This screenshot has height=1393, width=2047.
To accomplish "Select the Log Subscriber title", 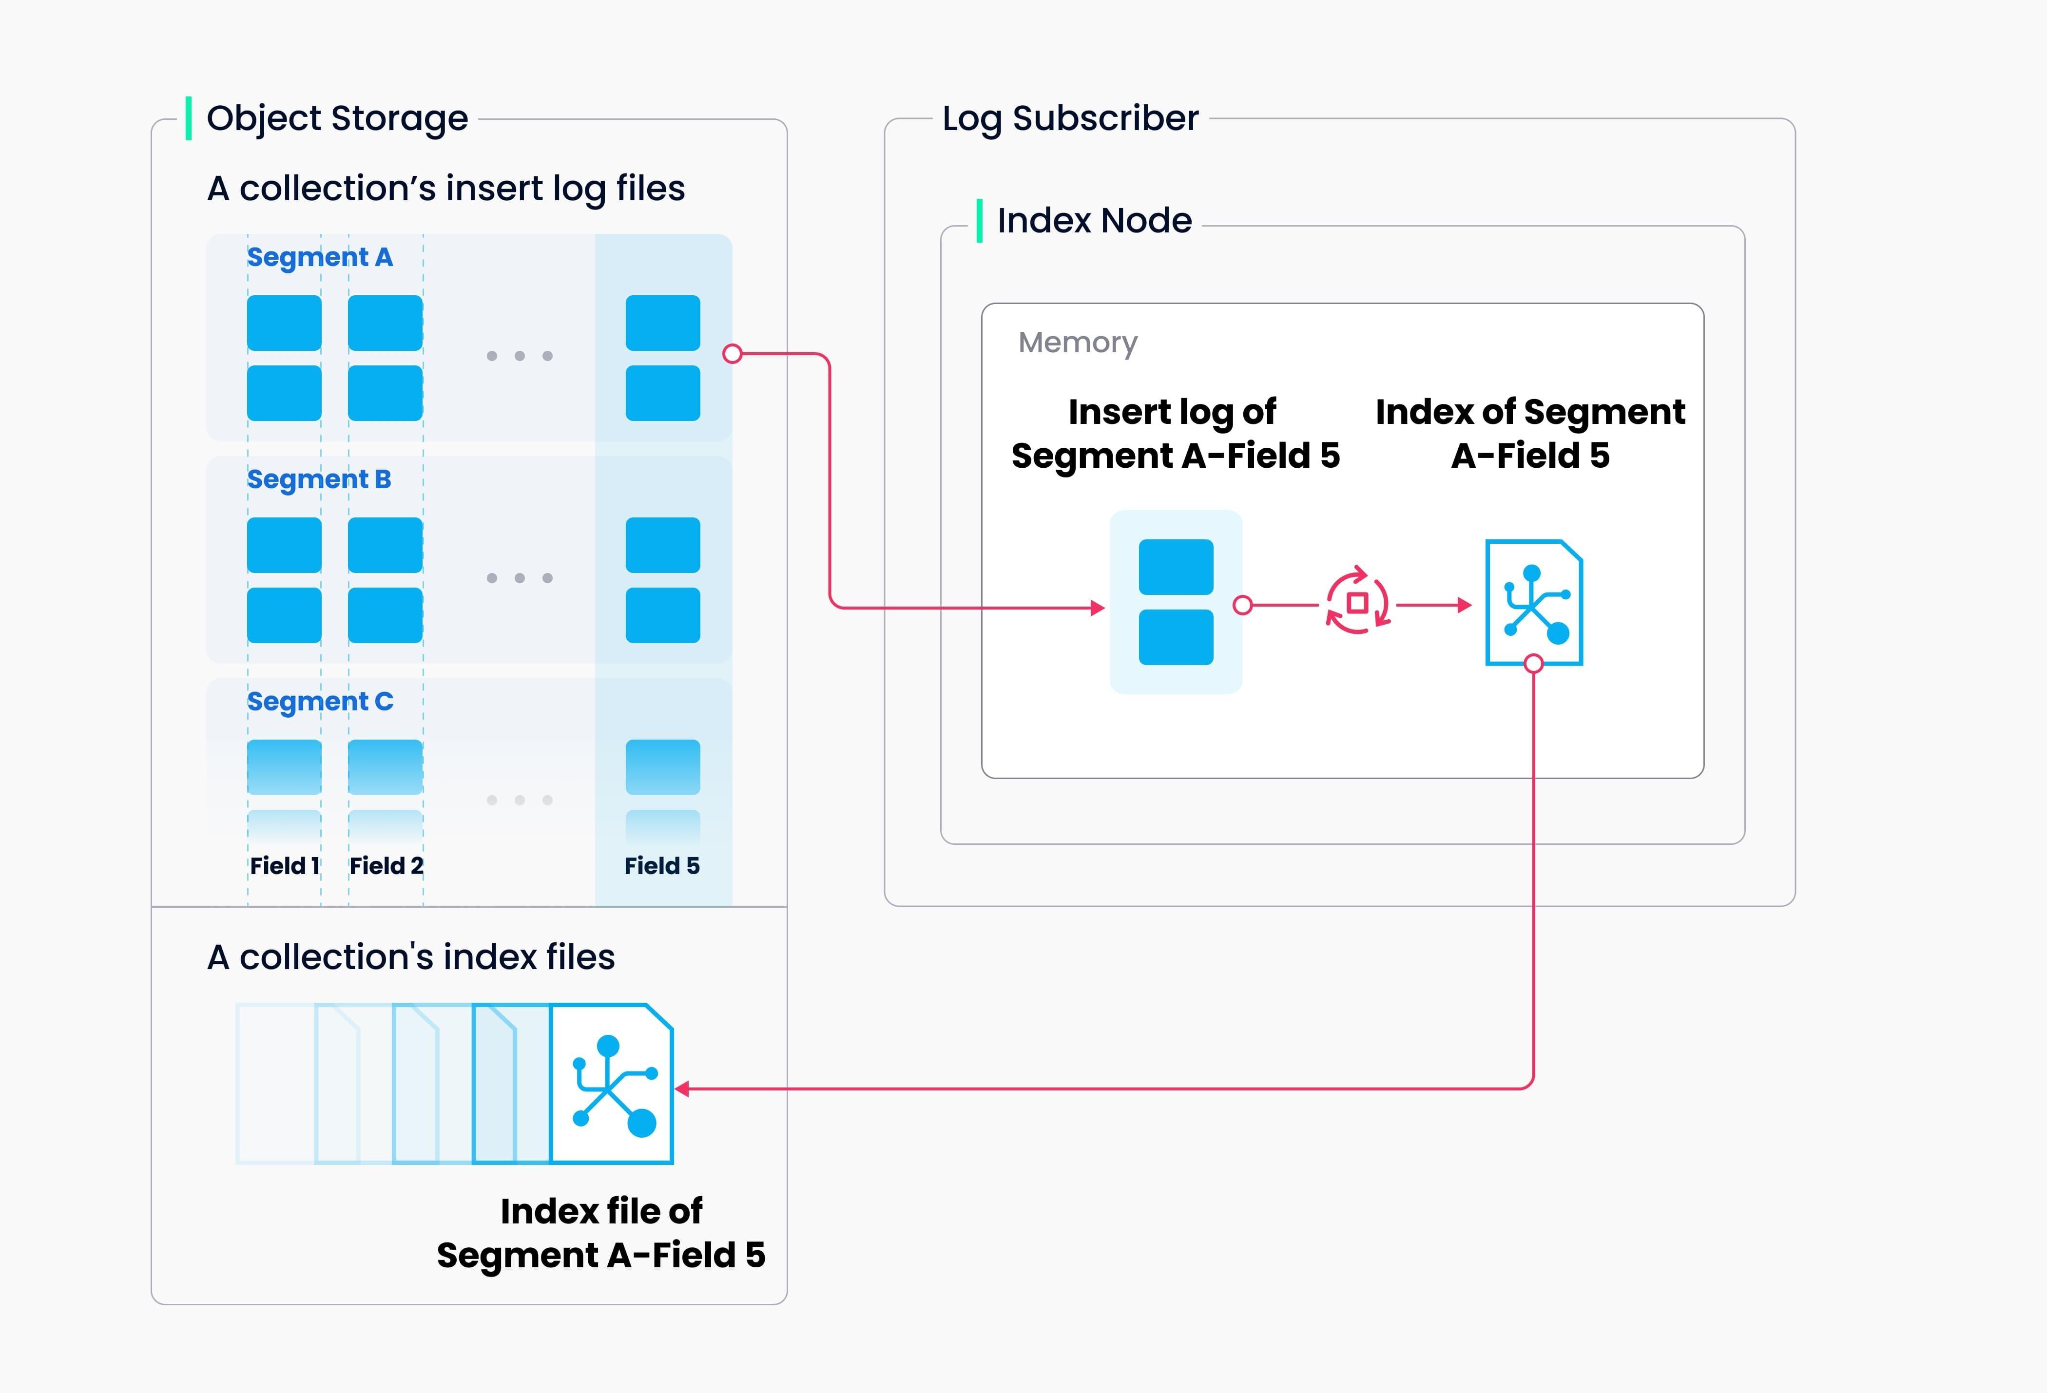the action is tap(1070, 118).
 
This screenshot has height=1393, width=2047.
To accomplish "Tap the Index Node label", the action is tap(1094, 220).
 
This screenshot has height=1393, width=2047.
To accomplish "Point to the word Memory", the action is tap(1077, 343).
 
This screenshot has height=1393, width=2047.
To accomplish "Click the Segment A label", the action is tap(320, 257).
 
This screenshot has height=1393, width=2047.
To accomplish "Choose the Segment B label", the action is tap(319, 479).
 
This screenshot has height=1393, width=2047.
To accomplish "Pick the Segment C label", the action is tap(320, 701).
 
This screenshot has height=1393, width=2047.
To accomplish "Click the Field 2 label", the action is tap(386, 865).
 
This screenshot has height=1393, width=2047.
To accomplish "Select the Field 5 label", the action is tap(661, 865).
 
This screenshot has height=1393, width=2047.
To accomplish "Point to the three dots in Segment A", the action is tap(520, 356).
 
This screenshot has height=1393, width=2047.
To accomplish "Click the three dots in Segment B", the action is tap(520, 578).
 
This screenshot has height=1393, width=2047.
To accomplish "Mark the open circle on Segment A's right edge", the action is tap(732, 354).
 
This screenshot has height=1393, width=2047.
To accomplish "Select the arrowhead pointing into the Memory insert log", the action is tap(1098, 608).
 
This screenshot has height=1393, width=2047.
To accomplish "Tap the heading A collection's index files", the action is tap(410, 957).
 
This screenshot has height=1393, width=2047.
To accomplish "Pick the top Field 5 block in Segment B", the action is tap(662, 545).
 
